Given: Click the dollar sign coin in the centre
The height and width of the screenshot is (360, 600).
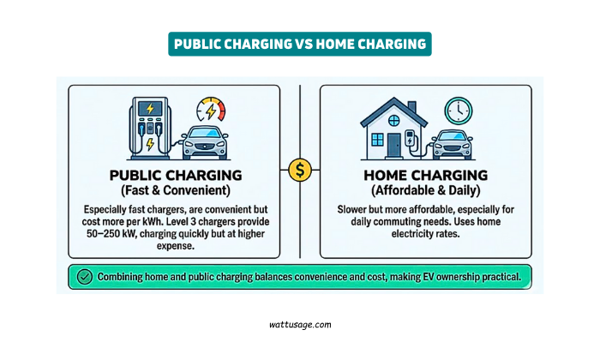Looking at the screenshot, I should coord(300,170).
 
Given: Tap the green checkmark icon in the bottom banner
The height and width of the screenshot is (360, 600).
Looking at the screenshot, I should coord(84,277).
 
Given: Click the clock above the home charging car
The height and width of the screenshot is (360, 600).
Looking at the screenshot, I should coord(459,110).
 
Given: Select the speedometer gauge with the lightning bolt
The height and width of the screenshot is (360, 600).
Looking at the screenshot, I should coord(210,111).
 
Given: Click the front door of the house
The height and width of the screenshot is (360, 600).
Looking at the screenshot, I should coord(393,143).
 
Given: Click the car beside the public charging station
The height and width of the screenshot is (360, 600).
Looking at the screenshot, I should coord(210,142).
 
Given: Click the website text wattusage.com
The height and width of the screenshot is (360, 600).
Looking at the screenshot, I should coord(299,325).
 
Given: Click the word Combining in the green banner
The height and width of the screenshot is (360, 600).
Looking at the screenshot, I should coord(124,277).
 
